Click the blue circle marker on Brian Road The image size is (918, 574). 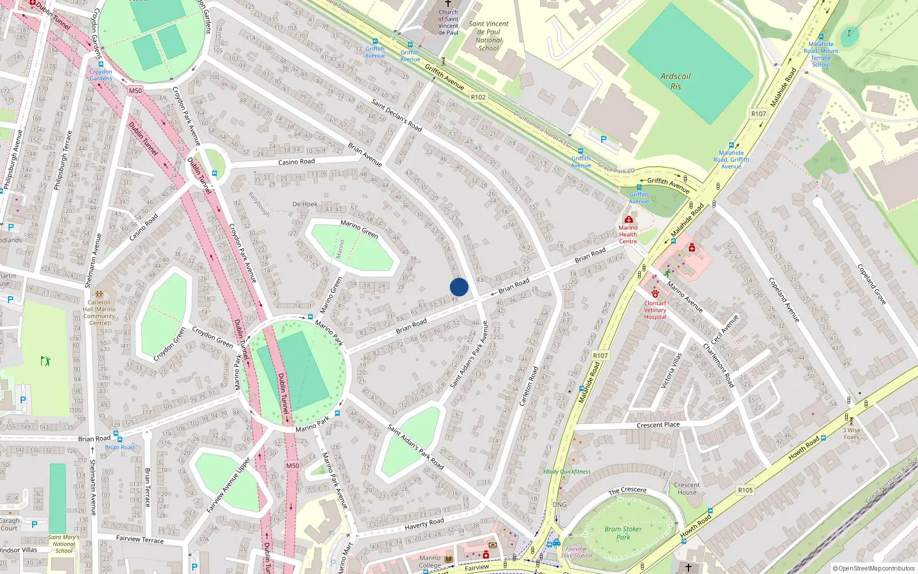tap(459, 287)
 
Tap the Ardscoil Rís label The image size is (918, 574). tap(675, 81)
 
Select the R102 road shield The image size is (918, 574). tap(479, 98)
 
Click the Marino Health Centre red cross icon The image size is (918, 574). tap(629, 219)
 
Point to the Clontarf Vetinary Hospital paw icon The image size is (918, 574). tap(655, 294)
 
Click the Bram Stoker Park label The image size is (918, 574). tap(623, 533)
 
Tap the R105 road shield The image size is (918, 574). tap(745, 490)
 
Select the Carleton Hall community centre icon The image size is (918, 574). tap(99, 294)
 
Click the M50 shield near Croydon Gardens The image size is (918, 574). tap(135, 91)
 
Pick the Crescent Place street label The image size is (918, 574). tap(658, 425)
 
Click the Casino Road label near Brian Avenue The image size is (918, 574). tap(296, 162)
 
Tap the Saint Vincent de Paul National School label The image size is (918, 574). tap(489, 36)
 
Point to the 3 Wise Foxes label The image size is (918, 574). tap(851, 433)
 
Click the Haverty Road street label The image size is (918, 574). tap(424, 523)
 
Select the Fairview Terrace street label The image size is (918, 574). tap(139, 539)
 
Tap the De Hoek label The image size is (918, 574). tap(305, 204)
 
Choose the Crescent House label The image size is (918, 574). tap(687, 488)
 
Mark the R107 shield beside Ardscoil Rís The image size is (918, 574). tap(758, 114)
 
